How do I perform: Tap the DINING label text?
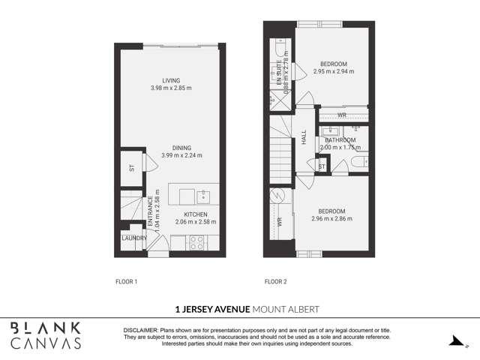coord(181,148)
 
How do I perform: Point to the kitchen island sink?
coord(203,196)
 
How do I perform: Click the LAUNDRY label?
coord(134,238)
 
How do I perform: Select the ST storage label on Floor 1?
coord(131,168)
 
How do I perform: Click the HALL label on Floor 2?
coord(304,140)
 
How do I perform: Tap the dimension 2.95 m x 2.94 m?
coord(332,72)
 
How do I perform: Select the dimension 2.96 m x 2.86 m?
coord(332,219)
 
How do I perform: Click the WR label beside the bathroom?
coord(342,115)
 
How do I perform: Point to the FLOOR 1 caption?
coord(126,282)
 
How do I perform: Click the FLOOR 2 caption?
coord(276,282)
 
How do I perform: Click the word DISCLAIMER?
coord(140,330)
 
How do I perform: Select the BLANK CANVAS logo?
coord(46,335)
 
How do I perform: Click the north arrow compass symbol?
coord(454,341)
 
